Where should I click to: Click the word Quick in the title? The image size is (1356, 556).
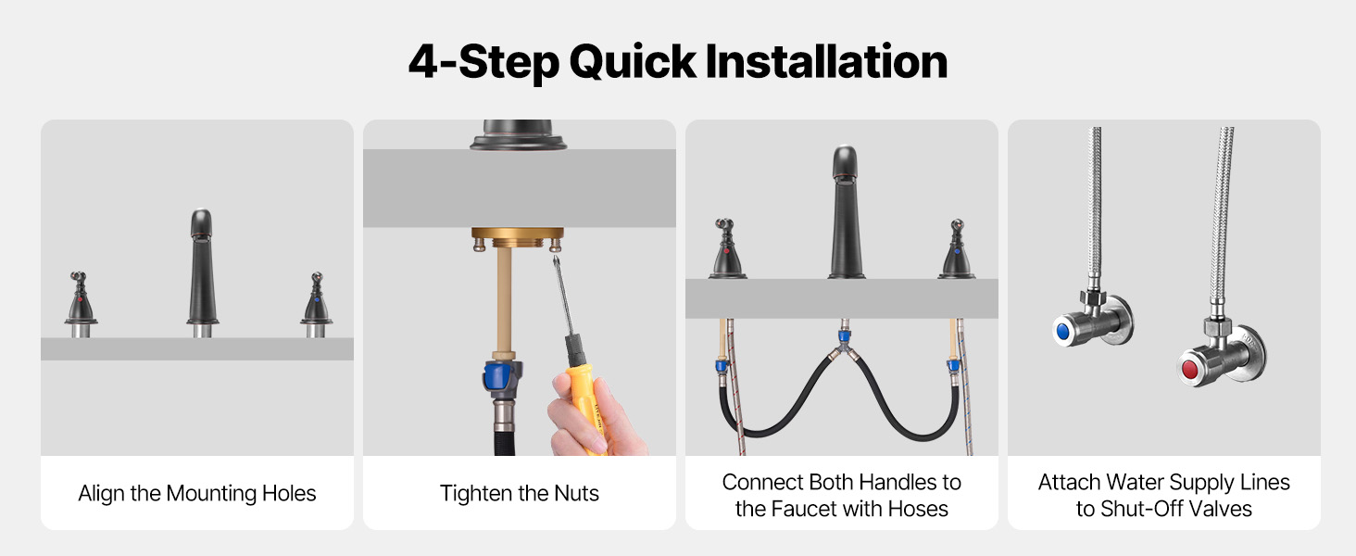(633, 63)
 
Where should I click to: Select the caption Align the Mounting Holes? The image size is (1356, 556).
(197, 494)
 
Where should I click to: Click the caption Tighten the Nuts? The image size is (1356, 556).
(520, 494)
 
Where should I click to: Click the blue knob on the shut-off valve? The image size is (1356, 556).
(1063, 331)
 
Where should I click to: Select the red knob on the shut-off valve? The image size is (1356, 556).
(1190, 368)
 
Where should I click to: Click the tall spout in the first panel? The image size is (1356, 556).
(202, 272)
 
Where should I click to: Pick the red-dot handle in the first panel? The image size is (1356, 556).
(81, 303)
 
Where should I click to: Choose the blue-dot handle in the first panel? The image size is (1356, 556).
(316, 303)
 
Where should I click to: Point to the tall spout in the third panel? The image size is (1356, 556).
(846, 212)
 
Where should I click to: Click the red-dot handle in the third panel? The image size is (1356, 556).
(726, 248)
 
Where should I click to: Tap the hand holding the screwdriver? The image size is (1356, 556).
(593, 418)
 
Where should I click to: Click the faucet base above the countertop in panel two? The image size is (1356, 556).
(518, 134)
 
